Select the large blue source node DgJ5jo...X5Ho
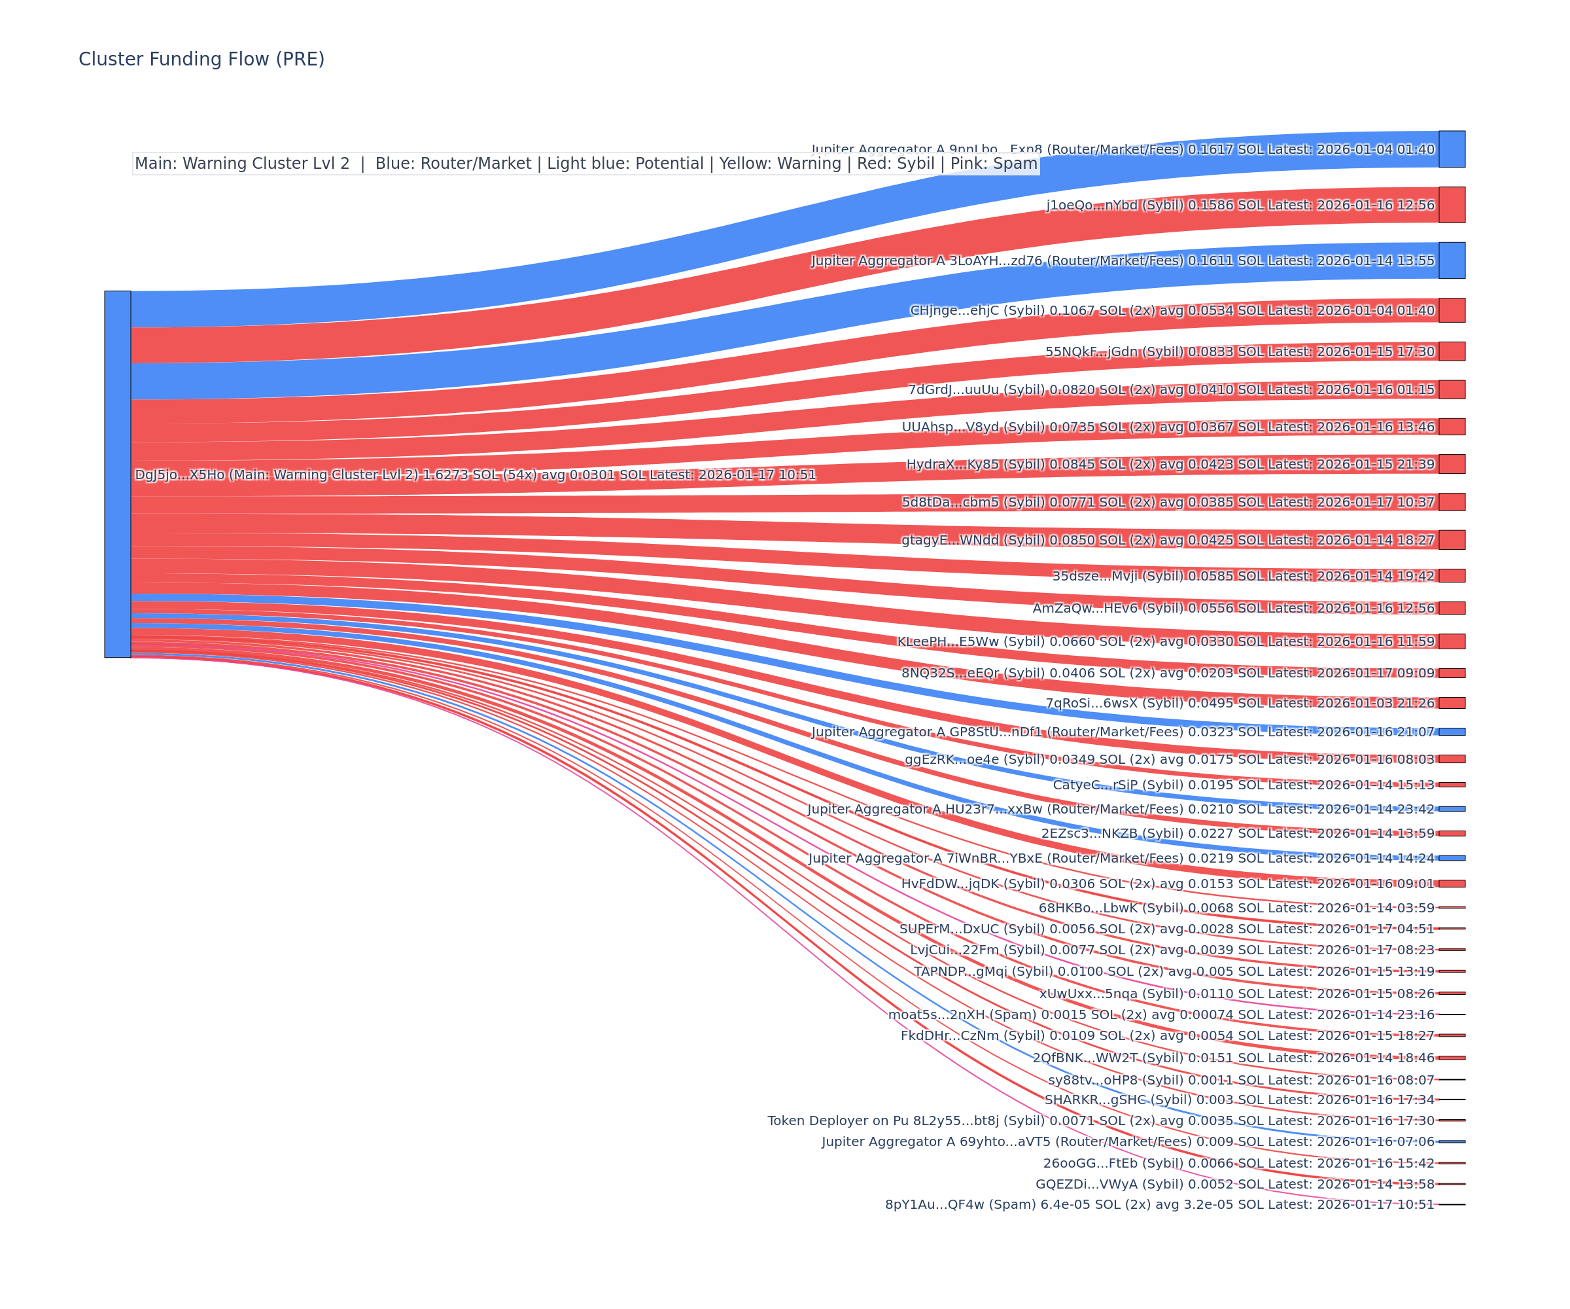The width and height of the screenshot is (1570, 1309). pyautogui.click(x=117, y=475)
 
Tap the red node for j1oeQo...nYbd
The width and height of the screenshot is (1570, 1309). pyautogui.click(x=1451, y=205)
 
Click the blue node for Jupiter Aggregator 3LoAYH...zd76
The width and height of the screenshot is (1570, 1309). pyautogui.click(x=1451, y=260)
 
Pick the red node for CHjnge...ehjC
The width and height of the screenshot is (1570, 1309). pyautogui.click(x=1451, y=310)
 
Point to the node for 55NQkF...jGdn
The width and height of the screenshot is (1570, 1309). pyautogui.click(x=1451, y=351)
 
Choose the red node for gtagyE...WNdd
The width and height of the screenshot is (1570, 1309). pyautogui.click(x=1451, y=540)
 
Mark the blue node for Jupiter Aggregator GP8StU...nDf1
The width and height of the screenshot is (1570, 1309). pyautogui.click(x=1451, y=732)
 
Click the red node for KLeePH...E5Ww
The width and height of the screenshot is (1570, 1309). pyautogui.click(x=1451, y=641)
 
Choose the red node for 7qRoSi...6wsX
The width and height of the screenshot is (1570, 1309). pyautogui.click(x=1451, y=703)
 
